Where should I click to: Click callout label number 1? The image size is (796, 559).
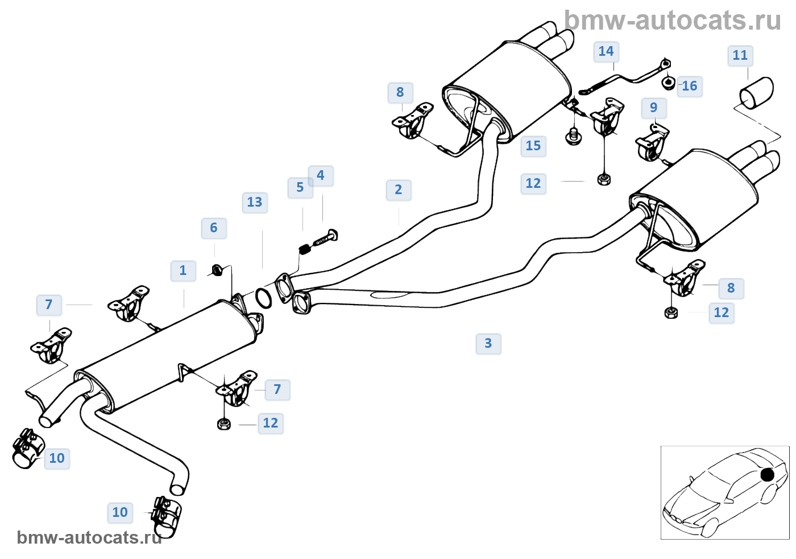pyautogui.click(x=183, y=271)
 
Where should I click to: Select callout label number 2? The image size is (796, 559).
pyautogui.click(x=399, y=190)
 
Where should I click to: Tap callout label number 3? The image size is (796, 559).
pyautogui.click(x=488, y=344)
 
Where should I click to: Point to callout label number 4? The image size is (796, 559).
pyautogui.click(x=321, y=176)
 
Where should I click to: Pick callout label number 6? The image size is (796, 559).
pyautogui.click(x=214, y=228)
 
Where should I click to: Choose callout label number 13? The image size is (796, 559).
pyautogui.click(x=255, y=203)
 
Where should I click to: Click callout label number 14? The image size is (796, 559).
pyautogui.click(x=606, y=52)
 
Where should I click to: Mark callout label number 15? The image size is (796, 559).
pyautogui.click(x=533, y=146)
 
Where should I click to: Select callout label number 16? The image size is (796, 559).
pyautogui.click(x=690, y=87)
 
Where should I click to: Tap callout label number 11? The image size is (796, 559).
pyautogui.click(x=740, y=56)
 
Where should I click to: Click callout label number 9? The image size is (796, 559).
pyautogui.click(x=654, y=108)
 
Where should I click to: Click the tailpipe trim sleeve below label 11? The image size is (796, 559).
pyautogui.click(x=757, y=94)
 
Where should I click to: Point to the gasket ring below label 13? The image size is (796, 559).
pyautogui.click(x=263, y=298)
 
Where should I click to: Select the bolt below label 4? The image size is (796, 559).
pyautogui.click(x=326, y=238)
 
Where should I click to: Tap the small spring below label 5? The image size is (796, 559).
pyautogui.click(x=305, y=249)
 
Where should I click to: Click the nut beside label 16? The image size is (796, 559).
pyautogui.click(x=669, y=83)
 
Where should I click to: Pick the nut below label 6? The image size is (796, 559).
pyautogui.click(x=217, y=270)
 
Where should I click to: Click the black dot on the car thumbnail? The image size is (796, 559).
pyautogui.click(x=767, y=474)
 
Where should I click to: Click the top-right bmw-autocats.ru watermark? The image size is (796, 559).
pyautogui.click(x=673, y=20)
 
